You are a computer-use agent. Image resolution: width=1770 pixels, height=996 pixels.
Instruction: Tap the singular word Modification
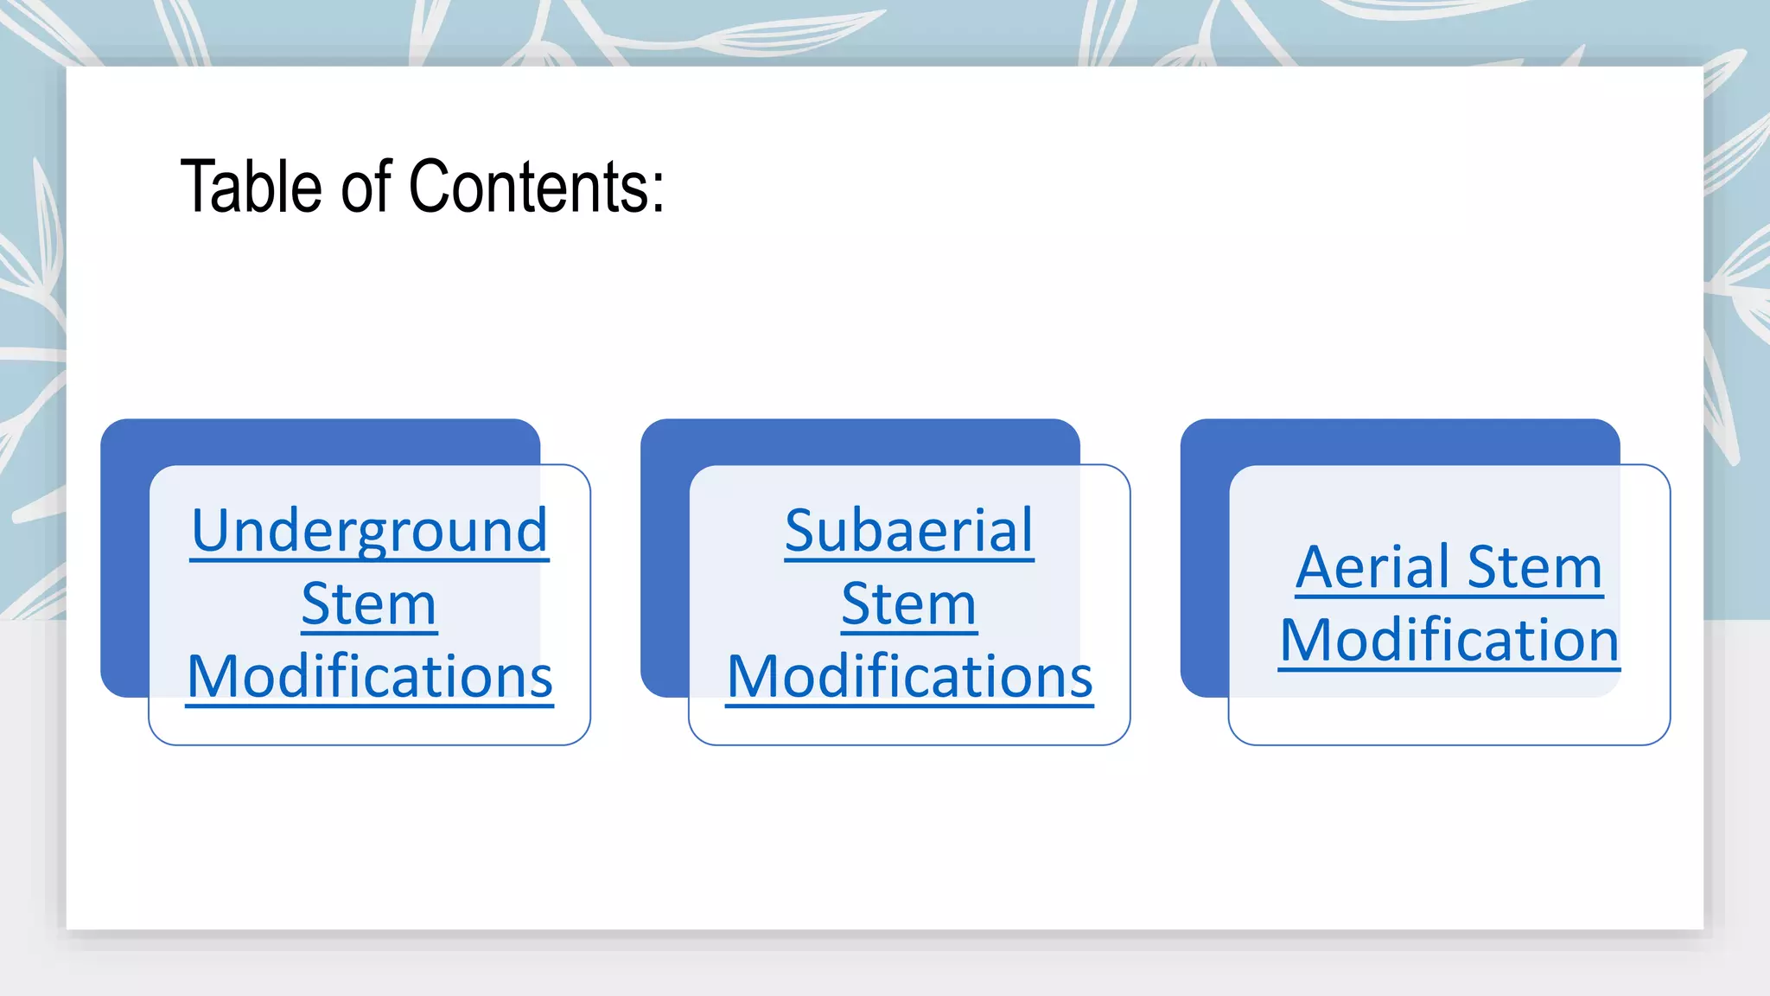[x=1449, y=641]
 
